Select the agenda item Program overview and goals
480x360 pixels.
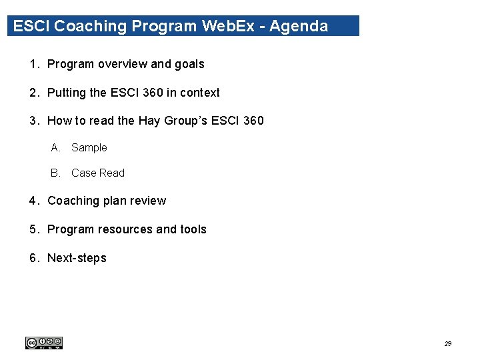[125, 65]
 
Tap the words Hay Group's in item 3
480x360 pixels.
[173, 121]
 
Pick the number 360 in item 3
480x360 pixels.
[253, 121]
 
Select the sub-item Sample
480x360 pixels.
[89, 148]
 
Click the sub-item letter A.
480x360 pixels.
[55, 148]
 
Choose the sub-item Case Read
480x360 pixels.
[97, 173]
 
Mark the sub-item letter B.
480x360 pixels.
[55, 173]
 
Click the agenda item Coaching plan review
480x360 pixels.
[107, 201]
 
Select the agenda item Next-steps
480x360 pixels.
[77, 258]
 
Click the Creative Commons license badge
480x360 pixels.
[44, 343]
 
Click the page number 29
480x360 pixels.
[448, 344]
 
